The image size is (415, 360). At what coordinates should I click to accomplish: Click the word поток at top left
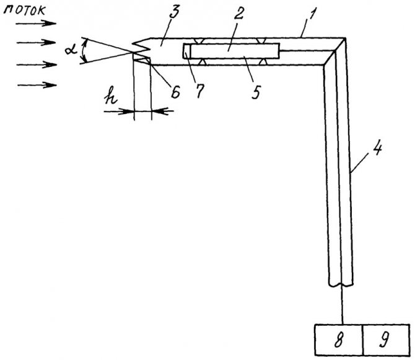(25, 11)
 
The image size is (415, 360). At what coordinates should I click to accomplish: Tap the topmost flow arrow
(36, 24)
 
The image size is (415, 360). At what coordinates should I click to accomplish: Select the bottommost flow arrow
(37, 86)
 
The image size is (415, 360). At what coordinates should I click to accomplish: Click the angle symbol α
(71, 49)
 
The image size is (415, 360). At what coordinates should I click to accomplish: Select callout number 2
(238, 13)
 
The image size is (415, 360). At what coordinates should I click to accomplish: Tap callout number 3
(175, 12)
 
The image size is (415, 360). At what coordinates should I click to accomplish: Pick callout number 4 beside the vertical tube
(377, 149)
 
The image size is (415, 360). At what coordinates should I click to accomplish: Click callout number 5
(256, 92)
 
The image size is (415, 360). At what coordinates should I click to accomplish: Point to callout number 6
(175, 92)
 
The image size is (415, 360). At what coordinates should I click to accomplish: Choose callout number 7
(199, 91)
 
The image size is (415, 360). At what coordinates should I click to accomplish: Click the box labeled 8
(339, 340)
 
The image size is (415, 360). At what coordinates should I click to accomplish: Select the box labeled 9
(387, 340)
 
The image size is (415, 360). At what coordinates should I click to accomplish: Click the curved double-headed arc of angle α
(83, 50)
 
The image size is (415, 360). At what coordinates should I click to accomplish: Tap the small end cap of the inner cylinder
(186, 51)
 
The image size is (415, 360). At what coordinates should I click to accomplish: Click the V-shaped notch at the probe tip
(142, 46)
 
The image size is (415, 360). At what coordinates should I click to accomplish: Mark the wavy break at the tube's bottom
(341, 285)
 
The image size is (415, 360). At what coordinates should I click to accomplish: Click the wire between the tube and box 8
(343, 305)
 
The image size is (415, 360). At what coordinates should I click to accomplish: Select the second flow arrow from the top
(37, 42)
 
